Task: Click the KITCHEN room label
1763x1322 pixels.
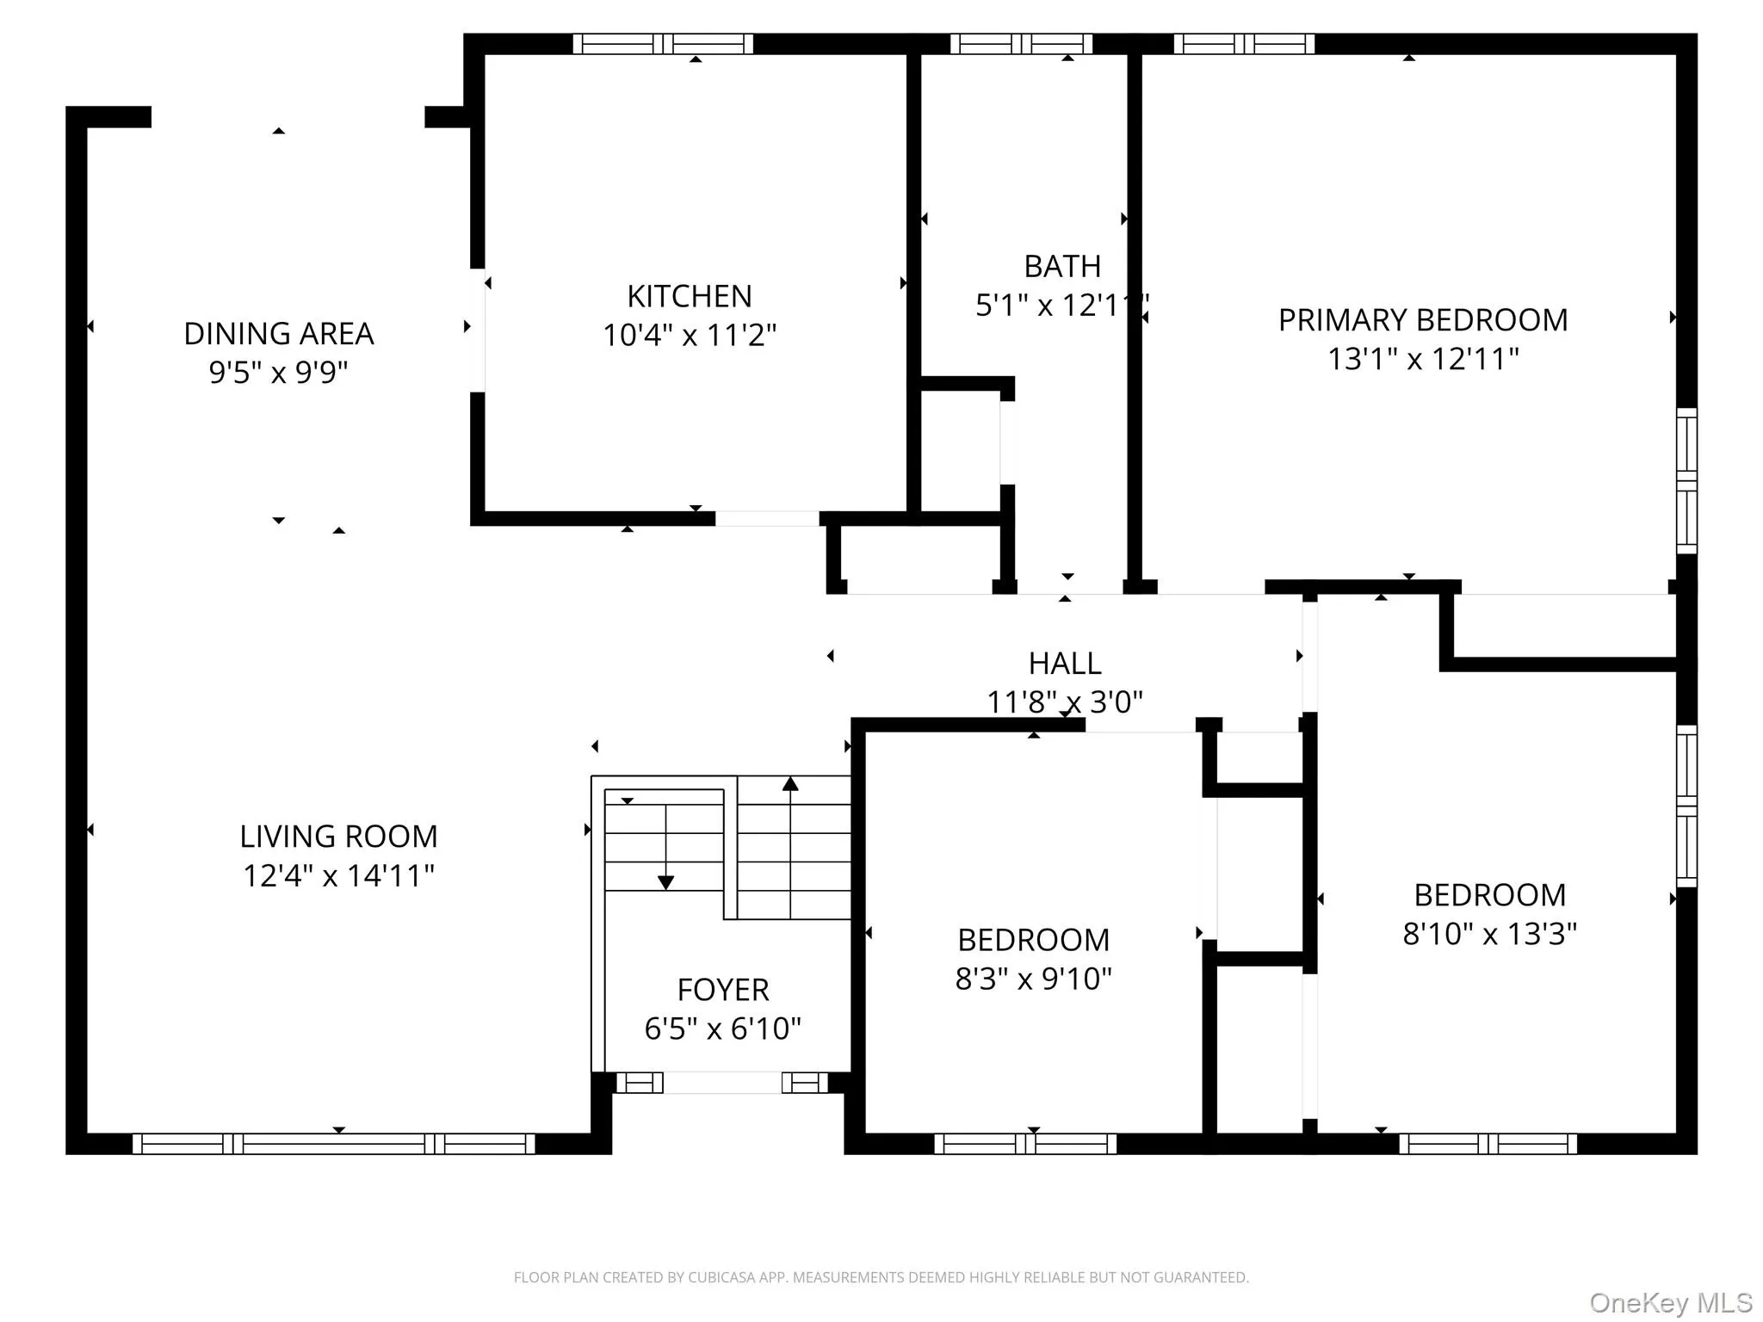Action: tap(689, 296)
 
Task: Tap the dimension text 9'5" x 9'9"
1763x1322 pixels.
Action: tap(278, 373)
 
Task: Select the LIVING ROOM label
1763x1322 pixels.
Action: tap(338, 837)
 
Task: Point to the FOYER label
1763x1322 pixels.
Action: tap(722, 990)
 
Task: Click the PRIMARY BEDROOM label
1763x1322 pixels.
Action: tap(1422, 320)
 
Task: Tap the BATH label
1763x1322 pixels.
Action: tap(1061, 267)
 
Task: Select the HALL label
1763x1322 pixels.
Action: tap(1065, 664)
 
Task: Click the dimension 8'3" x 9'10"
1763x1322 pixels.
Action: tap(1033, 979)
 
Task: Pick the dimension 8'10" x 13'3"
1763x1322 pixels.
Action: tap(1489, 934)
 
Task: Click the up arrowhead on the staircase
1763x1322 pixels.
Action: tap(790, 783)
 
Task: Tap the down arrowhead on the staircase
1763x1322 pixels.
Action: tap(665, 882)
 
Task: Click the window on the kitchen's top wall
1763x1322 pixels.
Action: tap(663, 44)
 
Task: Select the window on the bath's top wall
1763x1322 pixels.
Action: tap(1021, 44)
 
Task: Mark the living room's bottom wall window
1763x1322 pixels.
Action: tap(334, 1143)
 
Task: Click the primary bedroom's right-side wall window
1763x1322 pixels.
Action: tap(1686, 480)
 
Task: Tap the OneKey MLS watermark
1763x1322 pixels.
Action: tap(1670, 1302)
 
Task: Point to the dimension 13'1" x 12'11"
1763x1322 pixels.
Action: tap(1422, 359)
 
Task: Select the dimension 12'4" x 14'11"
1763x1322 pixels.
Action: tap(338, 876)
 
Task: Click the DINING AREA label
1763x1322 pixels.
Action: tap(278, 334)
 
